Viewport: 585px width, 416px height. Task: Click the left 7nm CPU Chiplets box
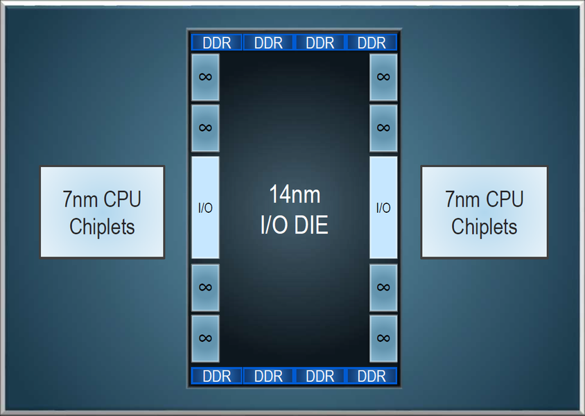pos(102,212)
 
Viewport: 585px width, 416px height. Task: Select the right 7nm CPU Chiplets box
pos(484,212)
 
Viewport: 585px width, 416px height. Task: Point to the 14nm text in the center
pos(295,194)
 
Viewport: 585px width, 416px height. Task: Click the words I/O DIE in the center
pos(295,225)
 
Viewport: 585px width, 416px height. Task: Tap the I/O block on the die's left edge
pos(205,207)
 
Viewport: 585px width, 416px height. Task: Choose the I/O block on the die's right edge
pos(383,207)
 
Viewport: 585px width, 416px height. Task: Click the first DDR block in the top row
pos(217,42)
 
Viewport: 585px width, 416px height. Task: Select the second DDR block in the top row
pos(269,42)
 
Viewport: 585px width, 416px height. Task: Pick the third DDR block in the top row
pos(320,42)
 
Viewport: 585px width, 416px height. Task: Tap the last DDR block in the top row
pos(372,42)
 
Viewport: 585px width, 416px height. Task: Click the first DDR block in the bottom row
pos(217,376)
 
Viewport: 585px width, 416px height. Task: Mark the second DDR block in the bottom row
pos(269,376)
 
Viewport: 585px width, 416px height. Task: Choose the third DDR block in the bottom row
pos(320,376)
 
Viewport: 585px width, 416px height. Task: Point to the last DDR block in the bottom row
pos(372,376)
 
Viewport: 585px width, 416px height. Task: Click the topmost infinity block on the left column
pos(205,77)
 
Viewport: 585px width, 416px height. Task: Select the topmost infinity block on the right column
pos(383,77)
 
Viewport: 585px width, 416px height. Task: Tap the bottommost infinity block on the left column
pos(205,338)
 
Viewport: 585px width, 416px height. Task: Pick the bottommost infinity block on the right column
pos(383,338)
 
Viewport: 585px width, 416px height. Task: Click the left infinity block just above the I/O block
pos(205,128)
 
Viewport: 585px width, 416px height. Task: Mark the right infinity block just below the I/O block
pos(383,287)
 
